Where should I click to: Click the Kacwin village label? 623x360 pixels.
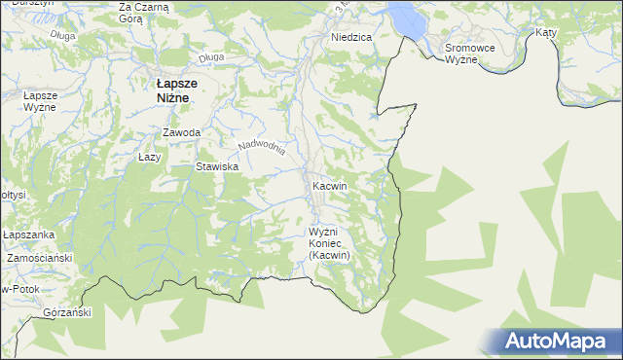coord(331,185)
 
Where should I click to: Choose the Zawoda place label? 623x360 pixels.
coord(182,132)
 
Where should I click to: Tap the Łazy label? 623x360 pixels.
coord(149,157)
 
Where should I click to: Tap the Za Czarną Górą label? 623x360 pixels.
coord(143,13)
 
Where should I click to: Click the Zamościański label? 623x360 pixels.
coord(40,259)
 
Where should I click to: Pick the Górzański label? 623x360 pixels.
coord(67,313)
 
